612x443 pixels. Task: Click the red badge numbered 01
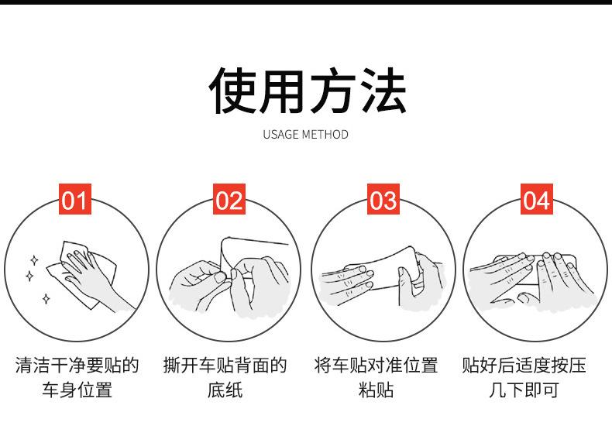tap(75, 199)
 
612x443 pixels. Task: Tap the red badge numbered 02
tap(229, 199)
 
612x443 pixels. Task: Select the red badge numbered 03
tap(383, 199)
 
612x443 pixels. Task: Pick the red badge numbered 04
tap(537, 199)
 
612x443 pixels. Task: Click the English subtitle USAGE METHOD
tap(305, 135)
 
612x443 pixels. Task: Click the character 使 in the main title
tap(233, 91)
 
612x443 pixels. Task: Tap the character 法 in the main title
tap(383, 91)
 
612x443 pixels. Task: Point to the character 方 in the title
tap(332, 91)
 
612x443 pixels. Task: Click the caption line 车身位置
tap(77, 390)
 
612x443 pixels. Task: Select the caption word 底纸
tap(225, 390)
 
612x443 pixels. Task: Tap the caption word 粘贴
tap(376, 390)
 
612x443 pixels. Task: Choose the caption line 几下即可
tap(524, 390)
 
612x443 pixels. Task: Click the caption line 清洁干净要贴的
tap(77, 366)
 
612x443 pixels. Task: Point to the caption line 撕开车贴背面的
tap(225, 366)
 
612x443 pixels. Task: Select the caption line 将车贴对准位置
tap(376, 366)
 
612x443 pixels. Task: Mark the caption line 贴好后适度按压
tap(524, 366)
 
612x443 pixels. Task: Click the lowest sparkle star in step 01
tap(46, 299)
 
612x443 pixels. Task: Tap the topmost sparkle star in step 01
tap(34, 260)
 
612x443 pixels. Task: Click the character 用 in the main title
tap(282, 91)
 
